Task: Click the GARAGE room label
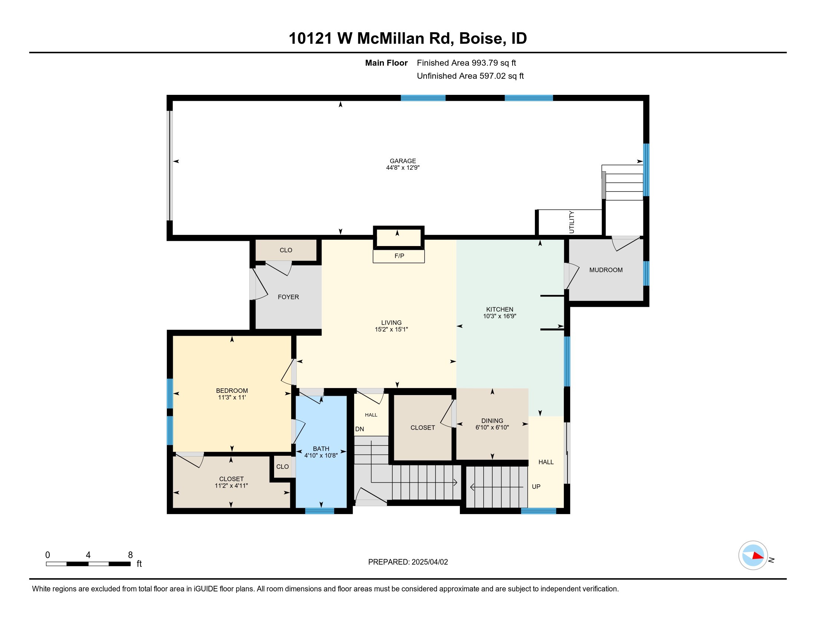[x=403, y=161]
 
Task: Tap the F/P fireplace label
[x=399, y=256]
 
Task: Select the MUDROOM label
[x=606, y=270]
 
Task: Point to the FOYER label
[x=288, y=297]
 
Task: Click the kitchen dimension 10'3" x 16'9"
[x=500, y=316]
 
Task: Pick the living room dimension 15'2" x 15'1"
[x=391, y=329]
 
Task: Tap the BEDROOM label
[x=232, y=390]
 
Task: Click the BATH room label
[x=321, y=449]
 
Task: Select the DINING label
[x=492, y=421]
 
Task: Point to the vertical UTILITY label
[x=571, y=222]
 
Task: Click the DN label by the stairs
[x=359, y=429]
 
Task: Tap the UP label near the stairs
[x=536, y=487]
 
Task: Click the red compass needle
[x=758, y=556]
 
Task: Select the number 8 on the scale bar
[x=131, y=555]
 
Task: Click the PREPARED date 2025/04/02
[x=430, y=562]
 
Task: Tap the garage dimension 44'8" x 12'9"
[x=403, y=168]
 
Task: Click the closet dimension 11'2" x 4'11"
[x=231, y=485]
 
